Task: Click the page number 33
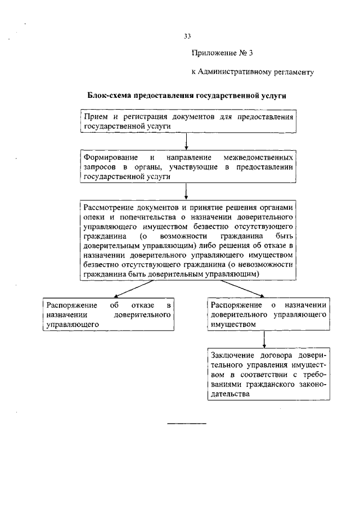[187, 37]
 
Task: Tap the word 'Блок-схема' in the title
[107, 96]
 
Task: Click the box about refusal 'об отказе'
[107, 314]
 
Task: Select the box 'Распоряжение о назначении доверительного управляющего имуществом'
[268, 314]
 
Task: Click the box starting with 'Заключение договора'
[268, 375]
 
